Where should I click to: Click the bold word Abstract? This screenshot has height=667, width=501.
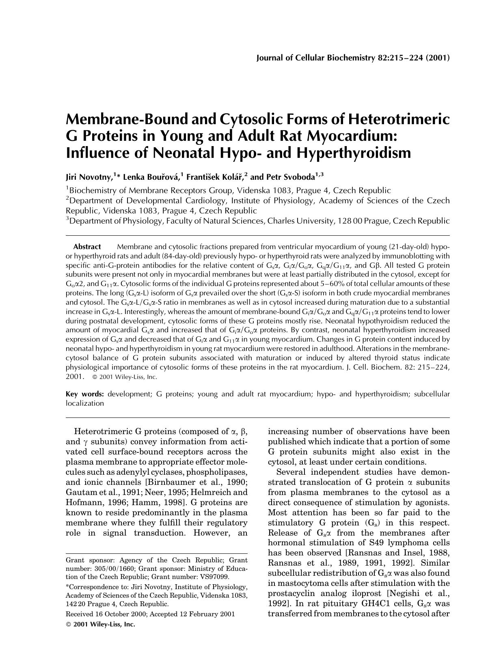click(x=87, y=247)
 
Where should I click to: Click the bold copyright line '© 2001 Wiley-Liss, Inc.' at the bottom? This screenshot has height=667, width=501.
click(x=100, y=624)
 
